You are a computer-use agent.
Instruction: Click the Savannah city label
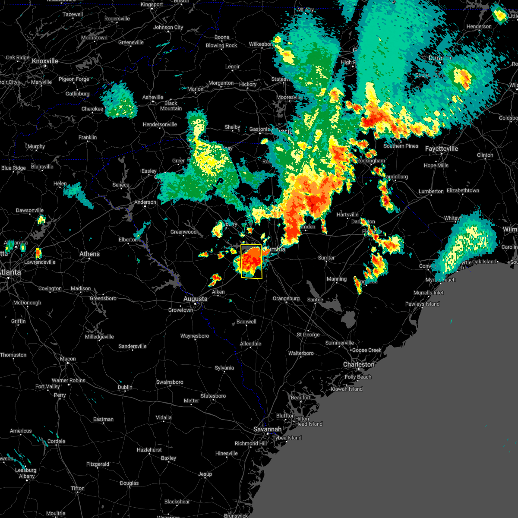click(x=267, y=429)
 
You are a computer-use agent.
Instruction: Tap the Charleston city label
click(x=358, y=364)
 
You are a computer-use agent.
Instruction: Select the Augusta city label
click(x=195, y=299)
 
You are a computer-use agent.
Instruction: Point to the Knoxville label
click(x=45, y=61)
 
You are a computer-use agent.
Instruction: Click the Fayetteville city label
click(x=441, y=148)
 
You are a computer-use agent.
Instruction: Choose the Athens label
click(x=89, y=254)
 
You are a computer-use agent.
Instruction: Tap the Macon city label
click(x=68, y=359)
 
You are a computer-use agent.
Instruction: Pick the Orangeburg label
click(x=286, y=298)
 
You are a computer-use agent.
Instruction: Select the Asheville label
click(x=153, y=97)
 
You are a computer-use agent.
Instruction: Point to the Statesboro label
click(x=213, y=396)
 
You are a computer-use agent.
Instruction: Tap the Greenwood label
click(x=183, y=232)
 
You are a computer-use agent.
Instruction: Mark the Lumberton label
click(x=431, y=191)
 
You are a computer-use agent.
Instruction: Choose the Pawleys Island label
click(x=422, y=304)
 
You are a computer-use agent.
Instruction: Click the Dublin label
click(x=125, y=387)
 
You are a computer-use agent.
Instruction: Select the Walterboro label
click(x=301, y=353)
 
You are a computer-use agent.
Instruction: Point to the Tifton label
click(x=78, y=488)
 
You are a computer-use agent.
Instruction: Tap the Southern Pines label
click(x=401, y=146)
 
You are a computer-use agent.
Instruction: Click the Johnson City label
click(x=168, y=27)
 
